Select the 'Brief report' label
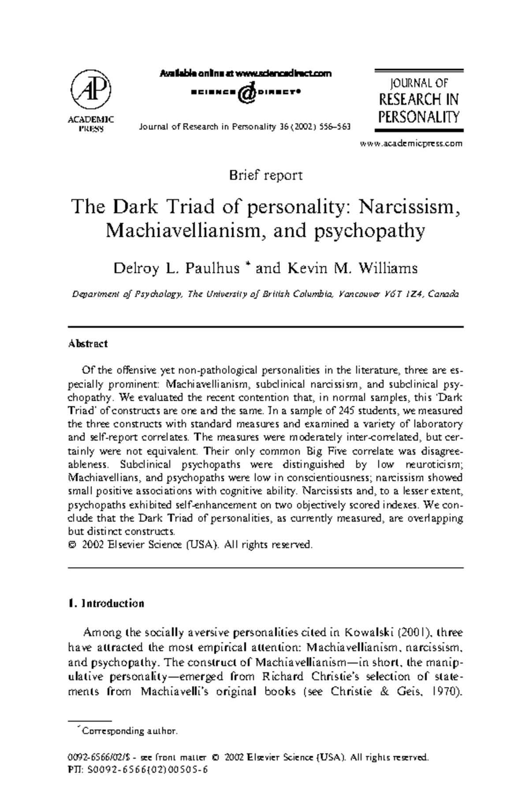pyautogui.click(x=265, y=175)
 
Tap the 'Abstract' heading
pyautogui.click(x=88, y=344)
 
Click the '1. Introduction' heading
pyautogui.click(x=106, y=603)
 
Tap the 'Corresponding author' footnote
pyautogui.click(x=130, y=731)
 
